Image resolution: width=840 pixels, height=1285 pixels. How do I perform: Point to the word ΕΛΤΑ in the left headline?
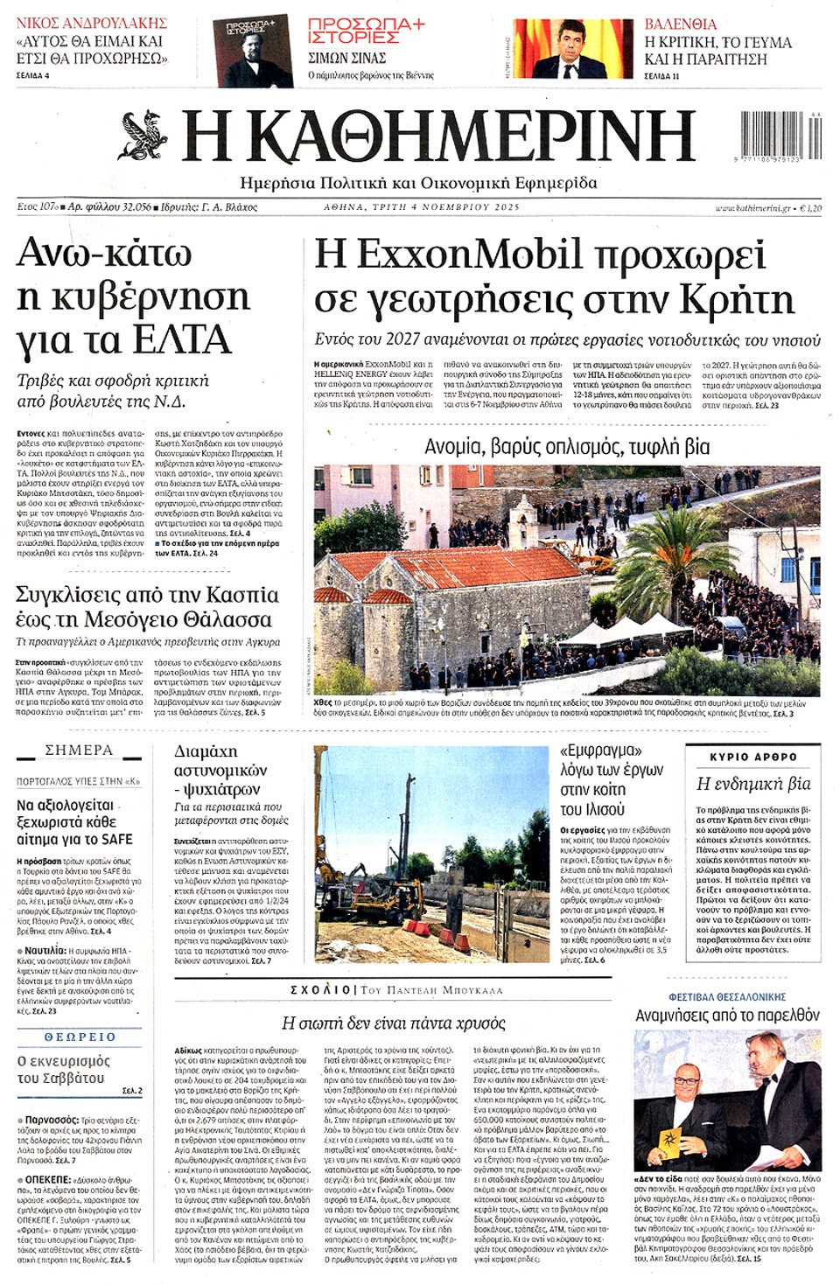(x=184, y=340)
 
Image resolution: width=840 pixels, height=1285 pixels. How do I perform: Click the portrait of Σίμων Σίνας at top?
(x=253, y=51)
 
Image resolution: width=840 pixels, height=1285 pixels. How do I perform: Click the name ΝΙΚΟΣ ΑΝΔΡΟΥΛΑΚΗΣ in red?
(x=91, y=23)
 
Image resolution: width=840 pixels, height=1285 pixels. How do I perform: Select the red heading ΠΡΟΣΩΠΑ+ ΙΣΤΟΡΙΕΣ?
(x=366, y=31)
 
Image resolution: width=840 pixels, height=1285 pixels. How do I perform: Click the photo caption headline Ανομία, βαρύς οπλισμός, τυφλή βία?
(x=567, y=447)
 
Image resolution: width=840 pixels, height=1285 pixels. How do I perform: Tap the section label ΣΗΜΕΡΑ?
(x=79, y=751)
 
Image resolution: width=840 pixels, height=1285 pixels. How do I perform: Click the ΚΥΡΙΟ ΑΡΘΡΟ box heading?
(x=753, y=757)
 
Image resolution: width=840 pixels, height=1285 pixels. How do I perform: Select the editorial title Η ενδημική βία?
(x=753, y=784)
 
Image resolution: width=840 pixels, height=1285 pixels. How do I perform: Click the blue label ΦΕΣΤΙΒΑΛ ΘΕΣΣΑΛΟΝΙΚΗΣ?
(x=727, y=997)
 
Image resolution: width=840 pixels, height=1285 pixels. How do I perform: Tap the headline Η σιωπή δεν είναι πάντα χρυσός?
(x=394, y=1023)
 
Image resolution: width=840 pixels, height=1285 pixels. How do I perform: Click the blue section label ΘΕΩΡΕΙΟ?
(x=80, y=1037)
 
